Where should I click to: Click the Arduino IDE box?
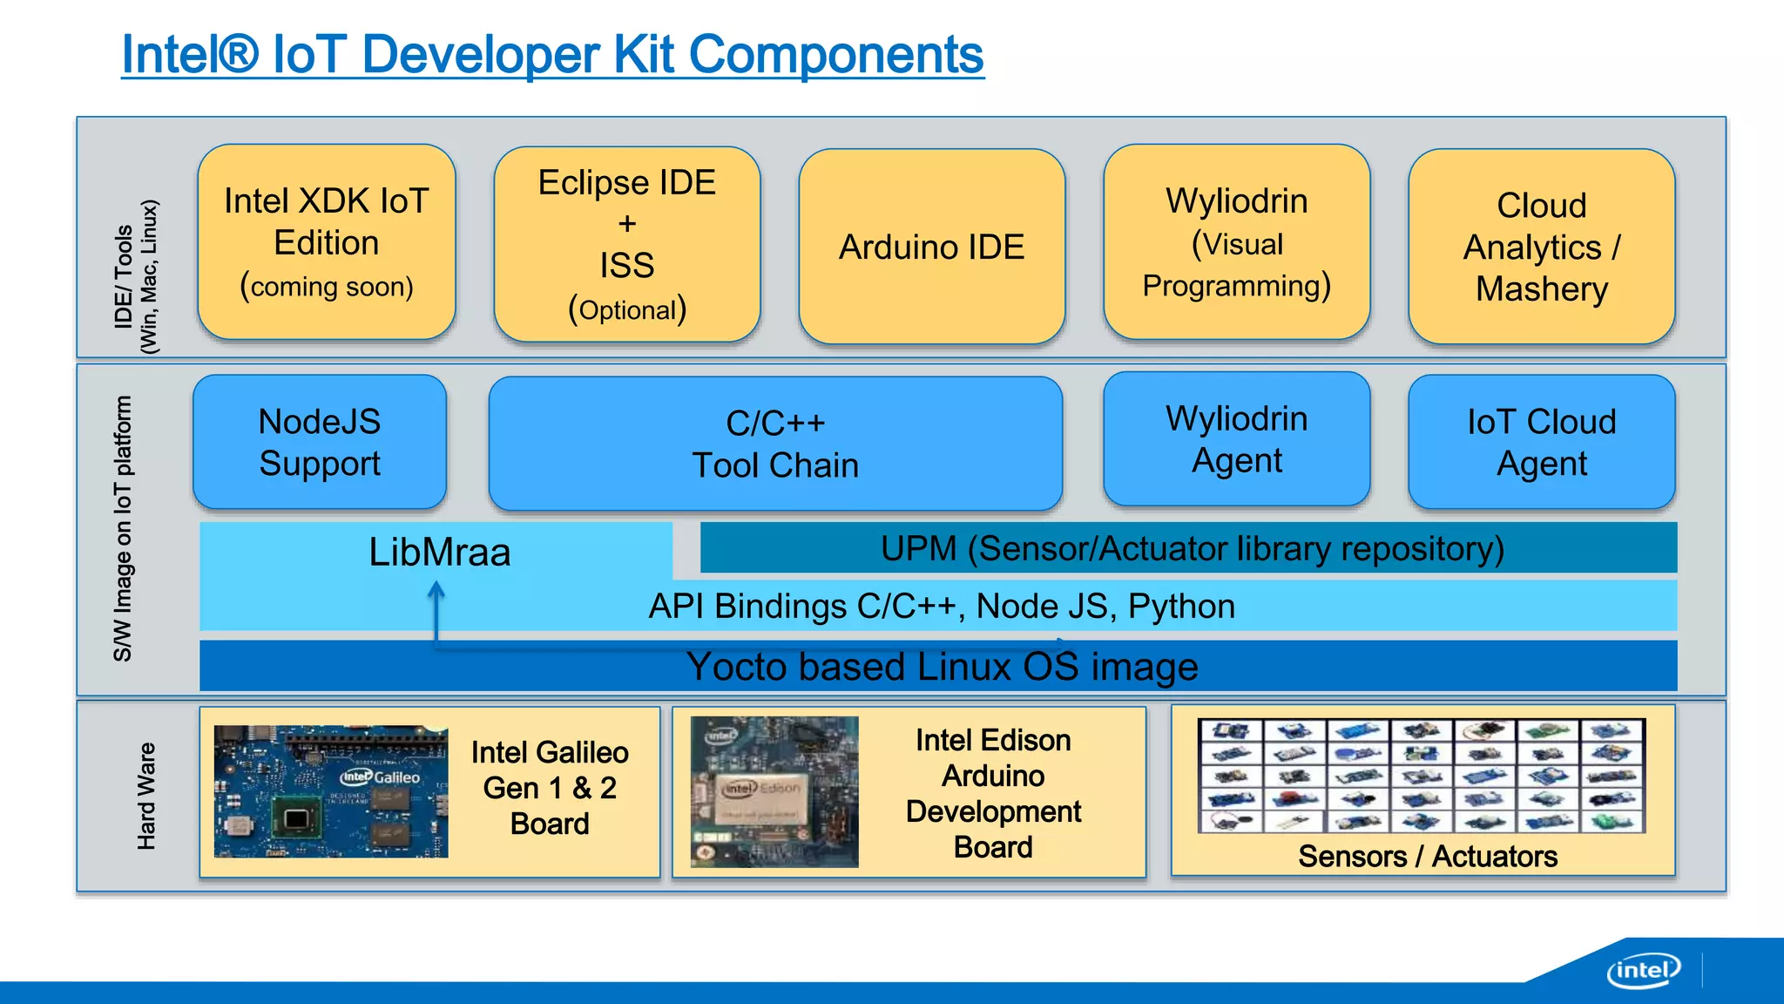coord(931,247)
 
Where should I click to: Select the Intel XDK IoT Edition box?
coord(327,242)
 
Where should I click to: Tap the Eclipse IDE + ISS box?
coord(627,245)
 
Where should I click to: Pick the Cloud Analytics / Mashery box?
coord(1541,247)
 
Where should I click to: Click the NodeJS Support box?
coord(320,442)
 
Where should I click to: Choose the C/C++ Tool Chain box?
coord(775,444)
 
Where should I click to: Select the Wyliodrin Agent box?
coord(1236,439)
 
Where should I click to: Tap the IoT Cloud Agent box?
coord(1541,442)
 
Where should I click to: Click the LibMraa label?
coord(439,552)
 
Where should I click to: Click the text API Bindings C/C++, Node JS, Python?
coord(942,606)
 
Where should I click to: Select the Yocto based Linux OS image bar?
coord(942,667)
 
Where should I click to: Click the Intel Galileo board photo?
coord(331,790)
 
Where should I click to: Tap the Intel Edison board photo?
coord(774,791)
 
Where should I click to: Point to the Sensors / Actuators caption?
coord(1427,856)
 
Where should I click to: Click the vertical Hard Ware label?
coord(146,796)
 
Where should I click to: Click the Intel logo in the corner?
coord(1643,970)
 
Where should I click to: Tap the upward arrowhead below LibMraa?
coord(436,591)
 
